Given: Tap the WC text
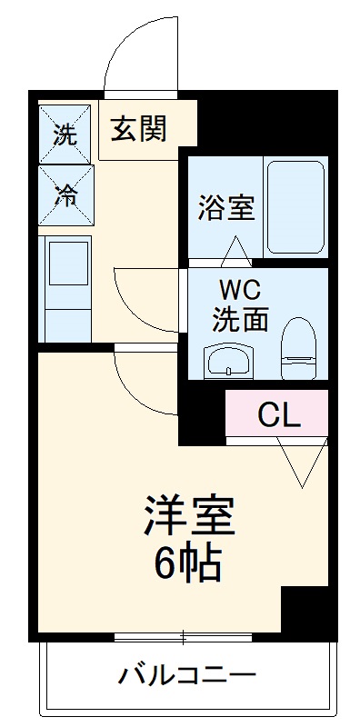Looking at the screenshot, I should (x=240, y=291).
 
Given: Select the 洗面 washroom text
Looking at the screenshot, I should (x=240, y=320).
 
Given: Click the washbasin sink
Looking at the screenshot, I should (x=230, y=361).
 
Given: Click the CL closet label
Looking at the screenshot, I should (x=279, y=414).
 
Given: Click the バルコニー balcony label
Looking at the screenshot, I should (x=186, y=676).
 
